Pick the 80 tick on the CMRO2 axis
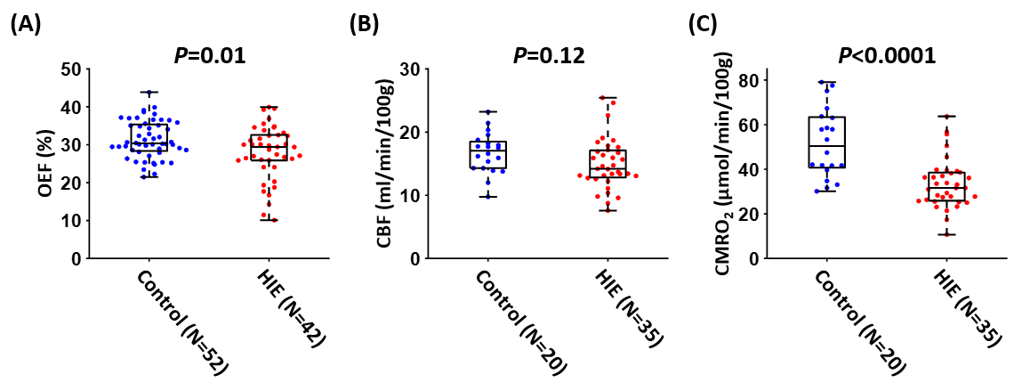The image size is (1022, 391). pos(756,80)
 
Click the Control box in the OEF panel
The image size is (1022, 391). pos(149,137)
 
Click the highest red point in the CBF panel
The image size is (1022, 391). pos(608,98)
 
